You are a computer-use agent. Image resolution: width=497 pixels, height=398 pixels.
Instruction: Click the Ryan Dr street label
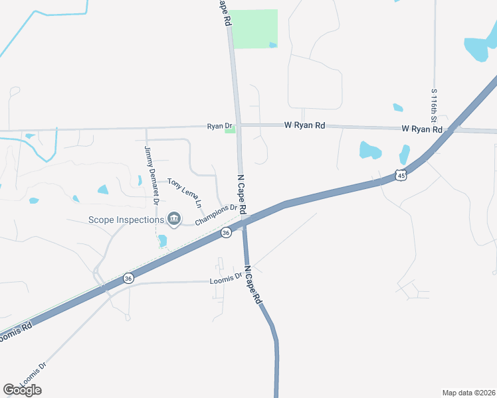[x=219, y=126]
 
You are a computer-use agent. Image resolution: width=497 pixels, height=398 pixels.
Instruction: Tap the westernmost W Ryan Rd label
[x=305, y=125]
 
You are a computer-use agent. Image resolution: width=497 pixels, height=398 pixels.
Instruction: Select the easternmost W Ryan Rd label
[x=422, y=129]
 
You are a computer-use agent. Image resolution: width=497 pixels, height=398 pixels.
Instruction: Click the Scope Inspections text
[x=126, y=220]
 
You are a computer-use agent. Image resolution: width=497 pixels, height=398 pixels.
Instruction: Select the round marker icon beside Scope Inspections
[x=174, y=218]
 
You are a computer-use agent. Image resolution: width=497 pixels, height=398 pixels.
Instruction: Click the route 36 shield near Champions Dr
[x=227, y=233]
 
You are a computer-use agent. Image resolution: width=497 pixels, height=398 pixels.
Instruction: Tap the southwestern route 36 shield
[x=128, y=278]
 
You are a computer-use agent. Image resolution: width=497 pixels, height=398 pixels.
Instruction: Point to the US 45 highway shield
[x=399, y=175]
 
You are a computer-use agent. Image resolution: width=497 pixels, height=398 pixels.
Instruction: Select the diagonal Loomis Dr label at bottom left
[x=33, y=375]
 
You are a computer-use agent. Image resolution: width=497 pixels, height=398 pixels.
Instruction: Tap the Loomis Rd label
[x=13, y=334]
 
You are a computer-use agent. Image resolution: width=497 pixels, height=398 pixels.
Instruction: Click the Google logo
[x=22, y=390]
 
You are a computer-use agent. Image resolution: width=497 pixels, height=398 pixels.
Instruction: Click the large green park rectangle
[x=254, y=29]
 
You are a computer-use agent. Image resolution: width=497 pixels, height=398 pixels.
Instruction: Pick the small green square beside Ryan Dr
[x=231, y=130]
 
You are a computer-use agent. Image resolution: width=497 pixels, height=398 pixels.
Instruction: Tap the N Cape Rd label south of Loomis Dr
[x=253, y=285]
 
